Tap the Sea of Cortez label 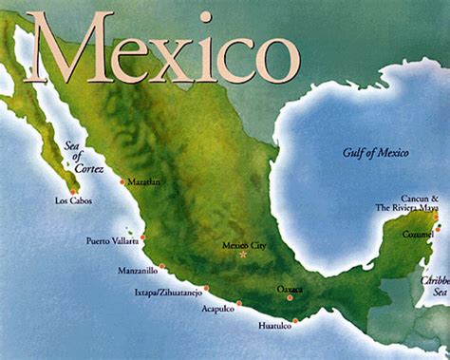tap(75, 159)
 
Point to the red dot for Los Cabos tap(73, 191)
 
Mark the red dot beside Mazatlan tap(122, 181)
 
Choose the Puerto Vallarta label tap(112, 239)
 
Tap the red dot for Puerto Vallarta tap(142, 237)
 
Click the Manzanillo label tap(138, 270)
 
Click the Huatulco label tap(276, 328)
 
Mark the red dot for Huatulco tap(295, 320)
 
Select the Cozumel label tap(417, 233)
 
